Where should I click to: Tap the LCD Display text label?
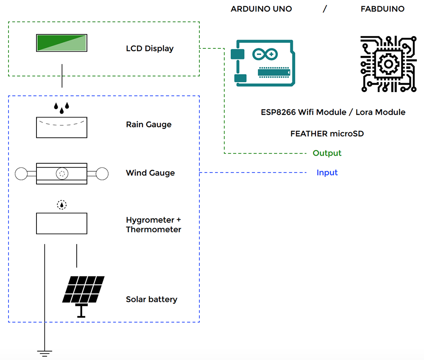[x=150, y=48]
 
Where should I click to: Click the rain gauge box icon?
[x=61, y=127]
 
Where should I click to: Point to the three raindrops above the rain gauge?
[x=61, y=107]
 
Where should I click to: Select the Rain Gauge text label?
[x=148, y=125]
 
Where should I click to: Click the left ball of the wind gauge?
[x=21, y=173]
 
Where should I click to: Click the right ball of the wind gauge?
[x=102, y=173]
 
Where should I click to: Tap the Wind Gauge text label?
[x=150, y=173]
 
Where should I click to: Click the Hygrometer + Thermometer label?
[x=153, y=225]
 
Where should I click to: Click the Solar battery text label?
[x=151, y=299]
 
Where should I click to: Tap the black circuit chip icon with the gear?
[x=388, y=64]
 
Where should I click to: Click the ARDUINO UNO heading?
[x=261, y=9]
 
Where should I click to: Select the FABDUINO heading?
[x=382, y=9]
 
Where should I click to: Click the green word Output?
[x=327, y=153]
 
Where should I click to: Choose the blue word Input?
[x=327, y=173]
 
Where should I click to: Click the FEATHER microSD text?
[x=327, y=134]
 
